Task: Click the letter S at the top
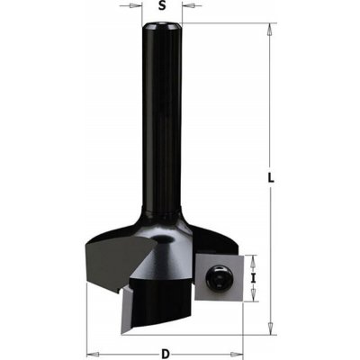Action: [x=162, y=6]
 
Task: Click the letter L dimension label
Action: [x=272, y=176]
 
